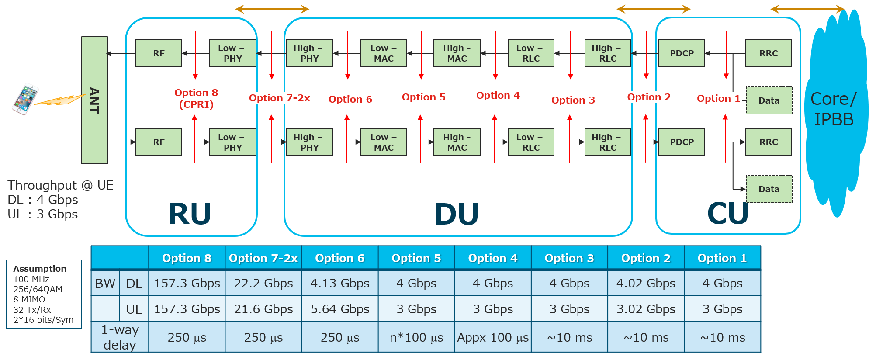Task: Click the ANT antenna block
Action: click(x=94, y=100)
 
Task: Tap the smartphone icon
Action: click(x=25, y=99)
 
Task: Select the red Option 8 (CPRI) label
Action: click(x=196, y=98)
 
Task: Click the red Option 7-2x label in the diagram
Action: click(x=280, y=98)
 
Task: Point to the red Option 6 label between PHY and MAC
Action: click(x=350, y=99)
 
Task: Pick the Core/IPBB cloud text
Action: click(x=834, y=109)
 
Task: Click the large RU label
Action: click(x=190, y=214)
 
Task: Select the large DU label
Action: click(x=457, y=215)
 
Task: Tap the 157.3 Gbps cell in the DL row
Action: click(x=187, y=283)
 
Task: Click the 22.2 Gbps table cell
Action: click(x=263, y=283)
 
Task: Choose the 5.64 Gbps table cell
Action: click(x=340, y=309)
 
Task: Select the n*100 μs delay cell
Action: click(x=416, y=337)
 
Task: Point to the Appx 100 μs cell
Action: click(x=493, y=337)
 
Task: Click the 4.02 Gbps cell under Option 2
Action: click(x=646, y=283)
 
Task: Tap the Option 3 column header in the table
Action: click(x=569, y=258)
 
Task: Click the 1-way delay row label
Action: click(x=120, y=337)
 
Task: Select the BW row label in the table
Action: click(x=105, y=283)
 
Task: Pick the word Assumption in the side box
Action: click(x=40, y=269)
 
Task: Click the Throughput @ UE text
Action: click(x=60, y=185)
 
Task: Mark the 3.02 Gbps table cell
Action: click(x=646, y=309)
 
